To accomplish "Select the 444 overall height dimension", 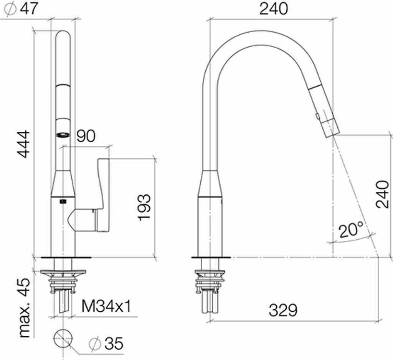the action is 24,144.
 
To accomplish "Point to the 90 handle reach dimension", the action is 86,136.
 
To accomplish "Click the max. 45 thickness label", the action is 24,308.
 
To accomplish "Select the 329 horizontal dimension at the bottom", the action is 283,310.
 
